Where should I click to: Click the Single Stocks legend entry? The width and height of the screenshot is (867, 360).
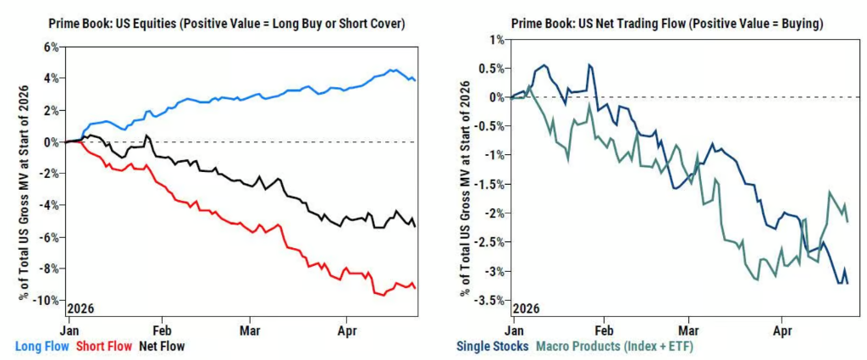click(x=493, y=346)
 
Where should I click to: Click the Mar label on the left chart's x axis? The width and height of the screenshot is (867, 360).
click(x=250, y=324)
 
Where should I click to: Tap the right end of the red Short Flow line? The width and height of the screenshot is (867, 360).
click(x=414, y=288)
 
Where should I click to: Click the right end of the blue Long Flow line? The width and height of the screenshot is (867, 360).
click(x=414, y=80)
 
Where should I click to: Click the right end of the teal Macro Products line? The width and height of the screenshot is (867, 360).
click(x=848, y=221)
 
